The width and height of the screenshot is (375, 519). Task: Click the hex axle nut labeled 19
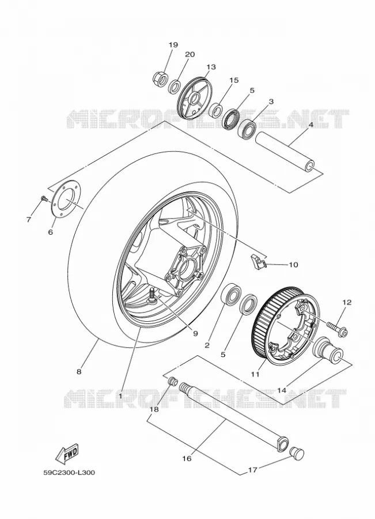pyautogui.click(x=160, y=78)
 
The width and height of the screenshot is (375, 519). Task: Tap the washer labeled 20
pyautogui.click(x=175, y=86)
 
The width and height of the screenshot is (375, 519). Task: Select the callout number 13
pyautogui.click(x=211, y=67)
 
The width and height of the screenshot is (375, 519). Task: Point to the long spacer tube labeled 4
pyautogui.click(x=285, y=152)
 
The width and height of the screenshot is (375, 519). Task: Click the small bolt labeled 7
pyautogui.click(x=44, y=198)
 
